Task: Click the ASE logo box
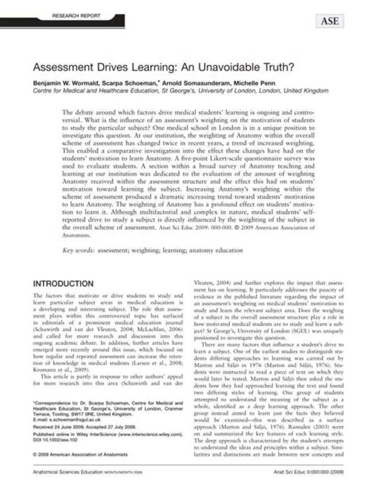329,21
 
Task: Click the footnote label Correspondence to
58,403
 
